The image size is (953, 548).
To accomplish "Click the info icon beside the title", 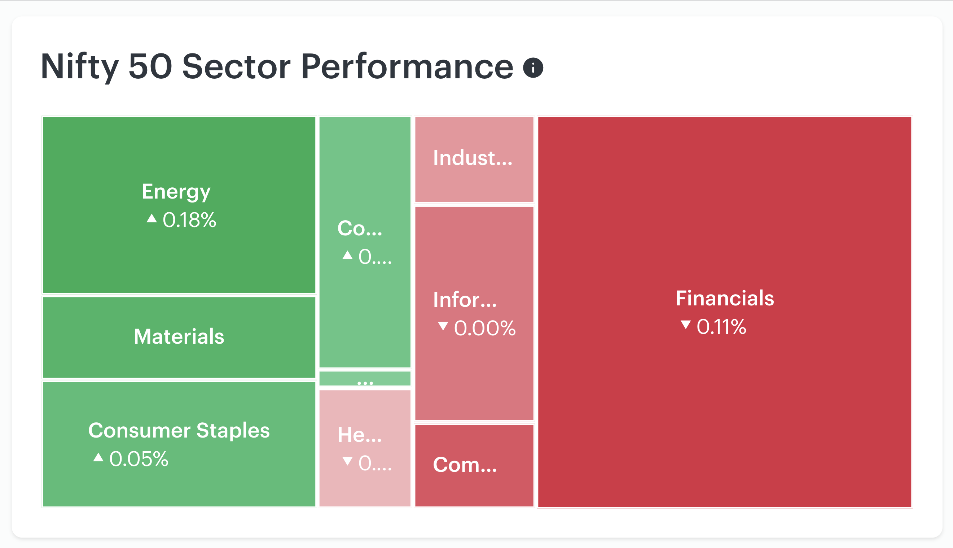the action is pyautogui.click(x=533, y=68).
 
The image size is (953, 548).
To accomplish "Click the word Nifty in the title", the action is pyautogui.click(x=79, y=67).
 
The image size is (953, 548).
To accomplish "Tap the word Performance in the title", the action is pyautogui.click(x=407, y=67).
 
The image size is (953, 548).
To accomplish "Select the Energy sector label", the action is pyautogui.click(x=176, y=192).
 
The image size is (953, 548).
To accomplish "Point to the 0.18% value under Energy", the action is pyautogui.click(x=189, y=220).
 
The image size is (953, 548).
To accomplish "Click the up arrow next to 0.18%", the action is pyautogui.click(x=151, y=218).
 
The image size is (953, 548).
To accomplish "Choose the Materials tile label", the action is pyautogui.click(x=179, y=336).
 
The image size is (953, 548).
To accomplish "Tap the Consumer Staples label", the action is pyautogui.click(x=179, y=430).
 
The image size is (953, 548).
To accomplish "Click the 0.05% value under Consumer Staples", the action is pyautogui.click(x=139, y=459).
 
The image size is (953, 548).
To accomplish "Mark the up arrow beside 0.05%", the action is pyautogui.click(x=98, y=457).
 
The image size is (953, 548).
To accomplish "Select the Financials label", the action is pyautogui.click(x=725, y=298).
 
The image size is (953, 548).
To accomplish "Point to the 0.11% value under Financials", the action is pyautogui.click(x=721, y=326).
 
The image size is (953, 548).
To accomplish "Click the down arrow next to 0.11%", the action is pyautogui.click(x=686, y=325).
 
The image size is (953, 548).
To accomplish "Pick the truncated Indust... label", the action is pyautogui.click(x=473, y=158).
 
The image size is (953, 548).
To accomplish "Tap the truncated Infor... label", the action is pyautogui.click(x=465, y=300).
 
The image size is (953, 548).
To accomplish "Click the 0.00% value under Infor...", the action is pyautogui.click(x=485, y=328).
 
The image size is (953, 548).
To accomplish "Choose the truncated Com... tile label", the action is pyautogui.click(x=465, y=465).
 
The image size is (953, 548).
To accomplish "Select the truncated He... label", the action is pyautogui.click(x=360, y=435).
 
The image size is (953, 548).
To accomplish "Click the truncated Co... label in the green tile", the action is pyautogui.click(x=360, y=228).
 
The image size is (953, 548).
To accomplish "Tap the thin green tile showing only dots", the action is pyautogui.click(x=365, y=379).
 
